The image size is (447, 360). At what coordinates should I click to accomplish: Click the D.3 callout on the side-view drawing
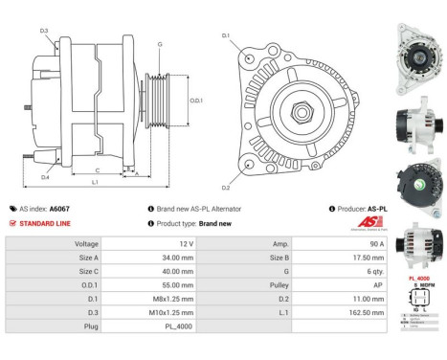coord(44,32)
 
